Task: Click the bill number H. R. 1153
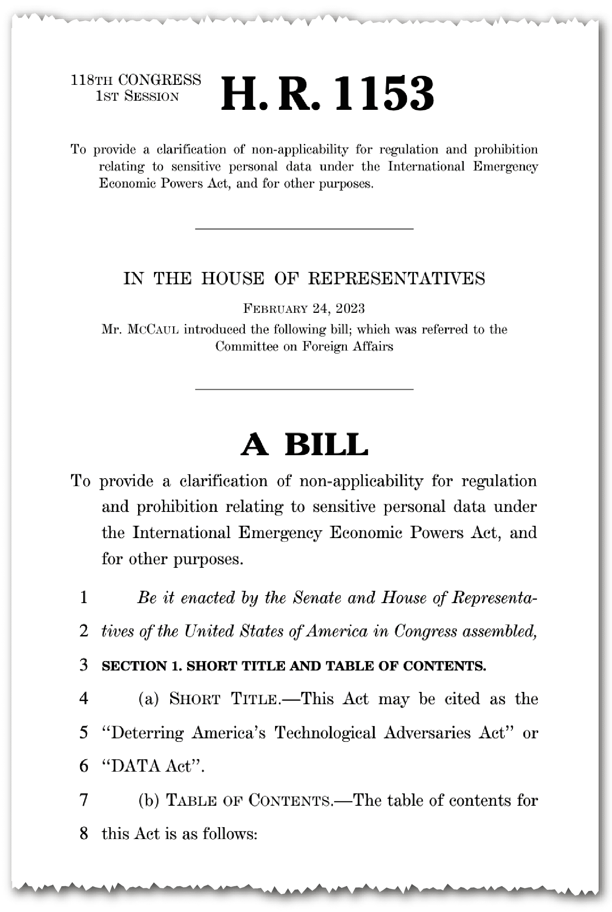327,94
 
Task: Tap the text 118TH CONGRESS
136,80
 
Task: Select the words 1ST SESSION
137,96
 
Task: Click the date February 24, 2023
304,308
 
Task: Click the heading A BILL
304,445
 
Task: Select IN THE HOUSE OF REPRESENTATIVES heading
304,279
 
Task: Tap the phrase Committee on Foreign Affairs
304,347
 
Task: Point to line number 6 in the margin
83,766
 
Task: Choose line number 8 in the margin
83,833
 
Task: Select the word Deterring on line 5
148,733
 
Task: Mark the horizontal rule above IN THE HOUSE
304,229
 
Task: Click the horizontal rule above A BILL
304,389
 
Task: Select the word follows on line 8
230,833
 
